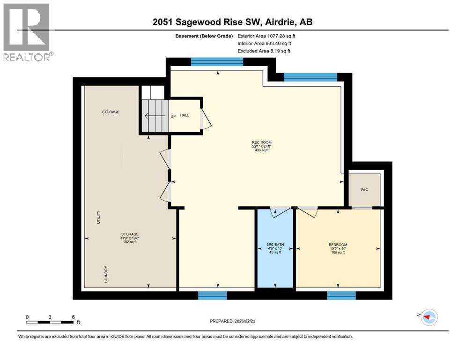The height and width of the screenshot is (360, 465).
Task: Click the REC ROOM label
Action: coord(261,142)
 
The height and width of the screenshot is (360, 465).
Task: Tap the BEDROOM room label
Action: coord(338,245)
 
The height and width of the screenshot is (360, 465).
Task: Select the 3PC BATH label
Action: coord(275,245)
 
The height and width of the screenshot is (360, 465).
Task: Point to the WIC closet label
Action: coord(364,190)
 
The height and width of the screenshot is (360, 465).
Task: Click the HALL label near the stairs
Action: coord(185,115)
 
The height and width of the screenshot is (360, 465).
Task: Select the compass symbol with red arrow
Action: coord(428,317)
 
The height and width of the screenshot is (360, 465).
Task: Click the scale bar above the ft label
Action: coord(50,322)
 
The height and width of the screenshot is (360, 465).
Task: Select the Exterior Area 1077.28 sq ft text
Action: coord(267,36)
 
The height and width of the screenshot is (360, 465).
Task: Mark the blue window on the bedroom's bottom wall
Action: coord(341,295)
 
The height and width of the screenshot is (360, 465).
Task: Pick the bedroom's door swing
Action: coord(308,212)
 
